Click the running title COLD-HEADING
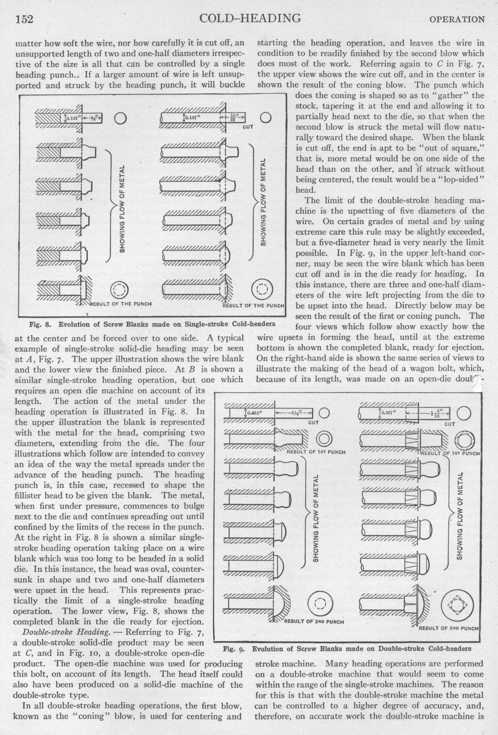250,18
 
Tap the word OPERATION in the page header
456,20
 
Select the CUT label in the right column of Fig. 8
248,127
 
